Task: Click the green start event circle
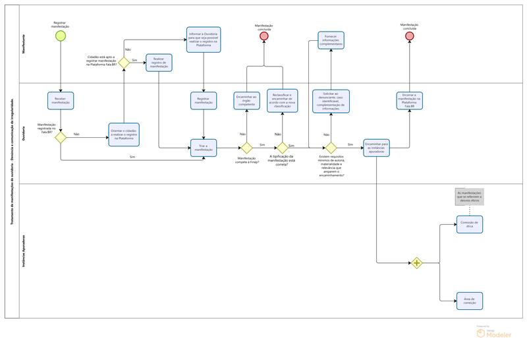pos(61,36)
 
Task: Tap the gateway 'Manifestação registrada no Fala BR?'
pos(61,137)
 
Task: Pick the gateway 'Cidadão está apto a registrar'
pos(123,61)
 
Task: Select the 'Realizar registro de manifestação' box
pos(159,62)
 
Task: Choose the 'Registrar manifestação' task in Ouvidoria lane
pos(204,100)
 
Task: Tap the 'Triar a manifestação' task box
pos(204,148)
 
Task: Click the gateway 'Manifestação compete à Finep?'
pos(246,148)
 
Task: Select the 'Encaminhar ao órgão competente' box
pos(246,100)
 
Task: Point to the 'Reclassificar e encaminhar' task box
pos(282,100)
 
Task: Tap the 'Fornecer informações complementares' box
pos(330,40)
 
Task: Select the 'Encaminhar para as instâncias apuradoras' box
pos(377,148)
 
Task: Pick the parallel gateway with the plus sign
pos(416,262)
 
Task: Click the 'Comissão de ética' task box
pos(469,224)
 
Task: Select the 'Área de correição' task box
pos(469,301)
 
